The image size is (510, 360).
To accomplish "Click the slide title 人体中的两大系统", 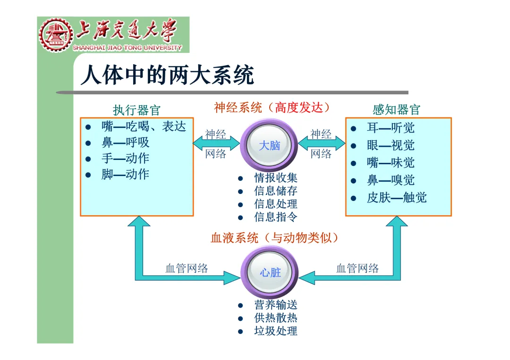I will point(168,75).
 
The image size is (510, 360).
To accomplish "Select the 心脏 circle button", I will point(270,272).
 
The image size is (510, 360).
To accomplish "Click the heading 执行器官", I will point(137,110).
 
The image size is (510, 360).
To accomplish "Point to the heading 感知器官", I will point(396,110).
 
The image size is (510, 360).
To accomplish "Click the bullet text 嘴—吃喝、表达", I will point(144,126).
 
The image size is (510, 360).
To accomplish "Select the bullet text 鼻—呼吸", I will point(125,142).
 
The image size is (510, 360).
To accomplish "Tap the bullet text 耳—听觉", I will point(391,128).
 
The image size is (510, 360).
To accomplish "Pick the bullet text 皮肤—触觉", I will point(397,198).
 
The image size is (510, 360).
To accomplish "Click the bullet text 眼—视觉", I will point(391,145).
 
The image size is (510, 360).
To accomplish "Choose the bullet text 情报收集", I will point(276,178).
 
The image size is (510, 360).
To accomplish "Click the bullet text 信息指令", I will point(276,217).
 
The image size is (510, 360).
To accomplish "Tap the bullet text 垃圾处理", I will point(276,331).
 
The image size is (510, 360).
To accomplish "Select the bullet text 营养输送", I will point(276,305).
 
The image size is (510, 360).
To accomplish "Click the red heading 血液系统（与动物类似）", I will point(275,238).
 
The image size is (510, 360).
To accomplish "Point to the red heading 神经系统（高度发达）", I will point(272,108).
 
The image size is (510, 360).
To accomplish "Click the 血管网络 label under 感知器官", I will point(357,268).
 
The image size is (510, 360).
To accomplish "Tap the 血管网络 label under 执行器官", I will point(187,268).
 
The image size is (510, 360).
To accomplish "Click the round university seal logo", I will point(56,35).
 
